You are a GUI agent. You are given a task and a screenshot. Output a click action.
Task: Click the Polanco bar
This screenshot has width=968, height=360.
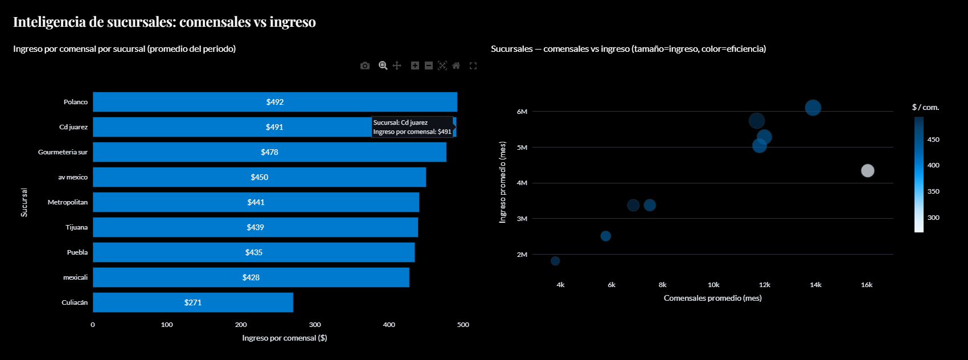click(275, 102)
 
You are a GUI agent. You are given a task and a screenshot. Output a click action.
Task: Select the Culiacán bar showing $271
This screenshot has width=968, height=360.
click(193, 302)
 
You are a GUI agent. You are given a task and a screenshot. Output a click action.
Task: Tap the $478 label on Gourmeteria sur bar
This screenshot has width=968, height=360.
click(269, 152)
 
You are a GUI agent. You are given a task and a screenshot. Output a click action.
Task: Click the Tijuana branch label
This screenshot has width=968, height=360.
click(76, 227)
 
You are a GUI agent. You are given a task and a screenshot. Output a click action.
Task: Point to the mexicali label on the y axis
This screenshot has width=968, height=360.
click(75, 277)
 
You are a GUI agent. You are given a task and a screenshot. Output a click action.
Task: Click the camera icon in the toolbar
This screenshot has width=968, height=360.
click(365, 66)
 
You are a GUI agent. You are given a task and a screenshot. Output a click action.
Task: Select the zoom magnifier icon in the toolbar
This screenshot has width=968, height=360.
click(383, 66)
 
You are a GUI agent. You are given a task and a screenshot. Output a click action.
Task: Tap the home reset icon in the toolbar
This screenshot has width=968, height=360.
click(456, 66)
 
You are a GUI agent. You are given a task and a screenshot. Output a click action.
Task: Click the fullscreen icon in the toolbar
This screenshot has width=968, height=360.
click(473, 66)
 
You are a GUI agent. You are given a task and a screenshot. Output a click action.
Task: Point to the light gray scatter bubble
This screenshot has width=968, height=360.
click(867, 171)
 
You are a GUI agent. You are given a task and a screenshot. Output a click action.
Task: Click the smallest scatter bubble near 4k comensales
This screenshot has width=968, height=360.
click(555, 261)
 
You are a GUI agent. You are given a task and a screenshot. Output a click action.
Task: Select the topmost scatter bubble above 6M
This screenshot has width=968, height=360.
click(813, 108)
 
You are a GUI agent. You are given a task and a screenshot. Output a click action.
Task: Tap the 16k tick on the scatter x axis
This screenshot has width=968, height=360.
click(866, 285)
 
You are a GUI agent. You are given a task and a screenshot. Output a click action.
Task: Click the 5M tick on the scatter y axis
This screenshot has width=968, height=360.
click(522, 148)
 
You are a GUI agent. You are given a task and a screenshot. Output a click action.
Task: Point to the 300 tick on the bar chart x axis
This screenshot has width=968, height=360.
click(315, 325)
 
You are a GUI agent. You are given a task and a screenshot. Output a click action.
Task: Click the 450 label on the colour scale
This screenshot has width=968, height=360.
click(933, 140)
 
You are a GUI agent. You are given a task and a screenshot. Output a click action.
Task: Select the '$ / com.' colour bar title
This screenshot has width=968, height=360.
click(925, 107)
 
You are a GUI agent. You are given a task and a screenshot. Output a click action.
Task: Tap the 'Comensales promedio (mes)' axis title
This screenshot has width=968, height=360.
click(712, 298)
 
